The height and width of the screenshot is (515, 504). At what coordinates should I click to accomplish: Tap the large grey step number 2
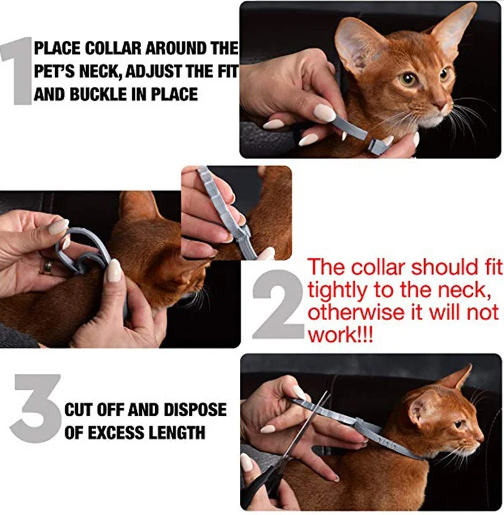click(x=280, y=304)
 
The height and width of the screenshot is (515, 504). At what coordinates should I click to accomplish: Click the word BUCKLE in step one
click(x=97, y=95)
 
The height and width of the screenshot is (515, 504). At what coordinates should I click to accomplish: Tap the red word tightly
click(x=336, y=291)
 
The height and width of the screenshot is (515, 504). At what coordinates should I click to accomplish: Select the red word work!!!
click(x=341, y=334)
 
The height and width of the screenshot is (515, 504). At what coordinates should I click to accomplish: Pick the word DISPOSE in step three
click(x=195, y=409)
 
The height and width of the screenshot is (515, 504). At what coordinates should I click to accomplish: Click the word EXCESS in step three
click(x=118, y=432)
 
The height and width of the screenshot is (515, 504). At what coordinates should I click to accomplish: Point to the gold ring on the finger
click(x=47, y=267)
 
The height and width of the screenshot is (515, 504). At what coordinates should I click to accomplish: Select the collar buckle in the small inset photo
click(x=244, y=235)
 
